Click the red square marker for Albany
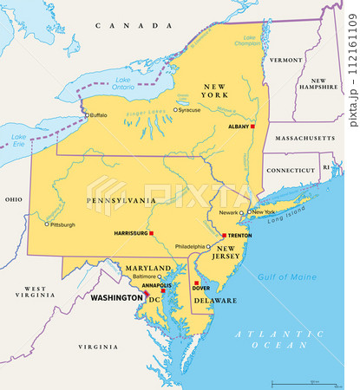coord(254,127)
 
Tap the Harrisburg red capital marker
coord(151,233)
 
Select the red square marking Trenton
coord(224,236)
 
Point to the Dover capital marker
coord(196,283)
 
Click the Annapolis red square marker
coord(162,291)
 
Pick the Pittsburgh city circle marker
coord(47,224)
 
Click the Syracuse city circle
coord(175,110)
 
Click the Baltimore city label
coord(144,276)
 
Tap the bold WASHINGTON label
coord(116,297)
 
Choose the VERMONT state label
coord(285,61)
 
